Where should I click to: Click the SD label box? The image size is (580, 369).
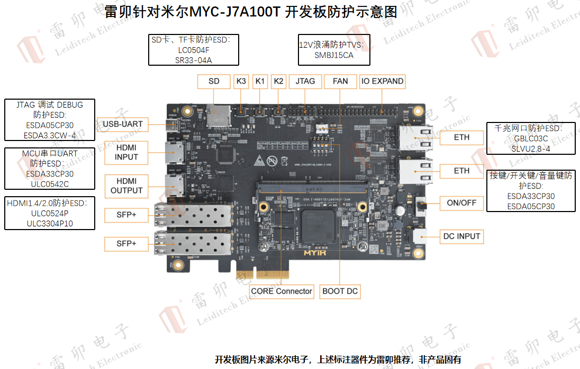point(214,81)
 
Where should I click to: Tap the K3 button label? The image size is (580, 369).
point(241,81)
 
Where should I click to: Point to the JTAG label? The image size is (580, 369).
point(305,81)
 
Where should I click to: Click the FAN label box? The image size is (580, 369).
point(340,81)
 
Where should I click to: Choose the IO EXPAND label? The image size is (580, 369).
point(382,81)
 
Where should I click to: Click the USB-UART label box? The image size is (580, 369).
point(123,124)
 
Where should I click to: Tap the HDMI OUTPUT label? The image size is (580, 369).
point(126,186)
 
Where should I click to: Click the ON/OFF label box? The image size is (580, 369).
point(461,203)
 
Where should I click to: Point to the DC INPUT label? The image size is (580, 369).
point(461,236)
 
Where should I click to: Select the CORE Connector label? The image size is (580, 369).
point(282,291)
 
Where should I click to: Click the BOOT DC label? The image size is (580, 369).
point(340,291)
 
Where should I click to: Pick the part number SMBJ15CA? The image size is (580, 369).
point(333,55)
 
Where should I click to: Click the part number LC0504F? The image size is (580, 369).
point(194,50)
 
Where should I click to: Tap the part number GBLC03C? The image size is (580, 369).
point(531,139)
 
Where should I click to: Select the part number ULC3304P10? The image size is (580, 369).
point(50,223)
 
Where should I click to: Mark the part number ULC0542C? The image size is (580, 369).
point(50,183)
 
